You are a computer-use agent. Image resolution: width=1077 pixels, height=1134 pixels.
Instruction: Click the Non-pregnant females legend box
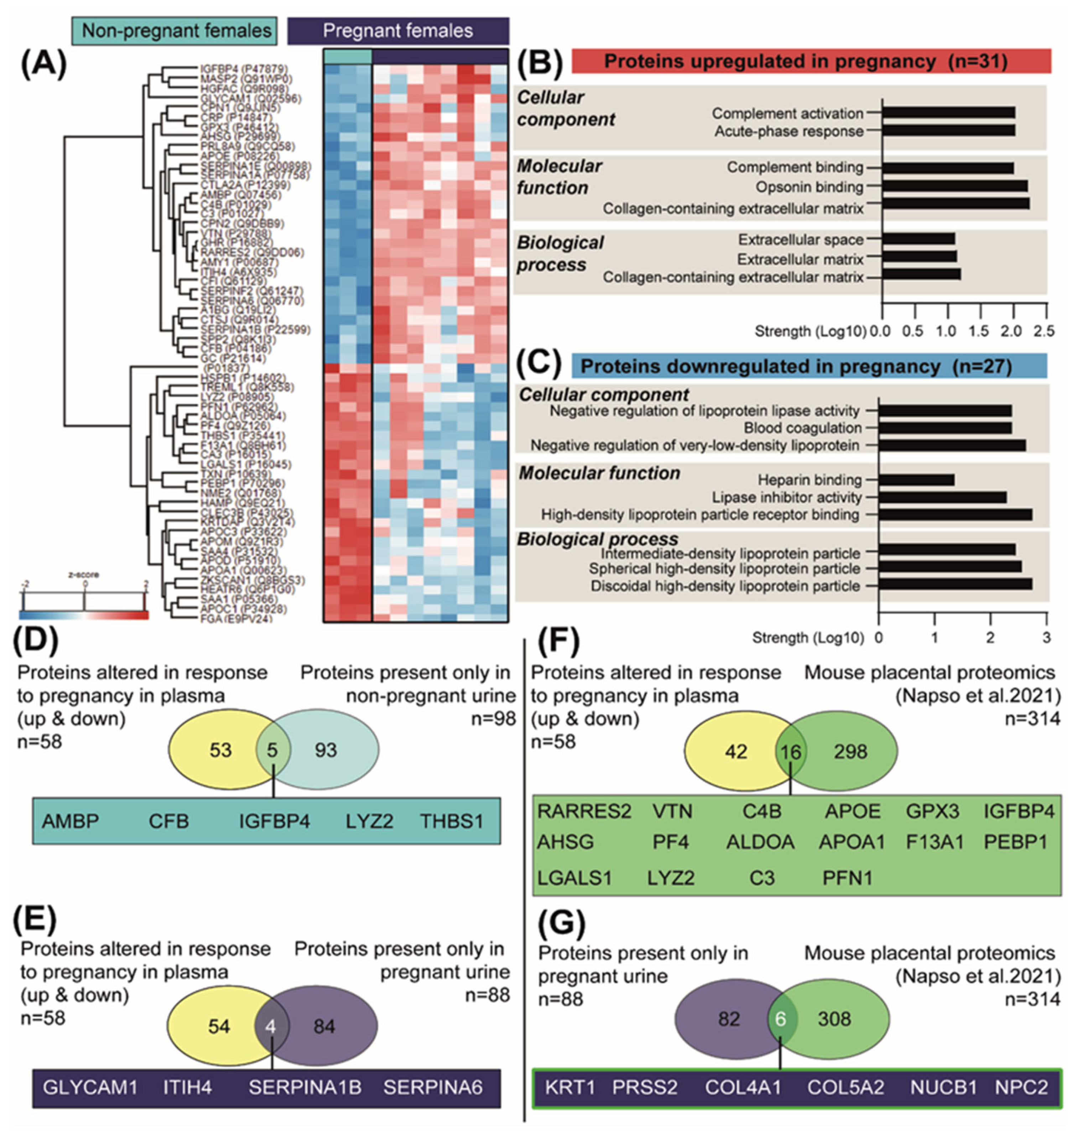174,30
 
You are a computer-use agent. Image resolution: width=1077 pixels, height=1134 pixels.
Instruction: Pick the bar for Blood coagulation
945,428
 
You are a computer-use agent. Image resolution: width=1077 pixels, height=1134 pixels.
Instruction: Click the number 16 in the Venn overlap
791,752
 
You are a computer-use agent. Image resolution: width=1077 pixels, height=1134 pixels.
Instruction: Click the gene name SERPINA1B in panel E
305,1087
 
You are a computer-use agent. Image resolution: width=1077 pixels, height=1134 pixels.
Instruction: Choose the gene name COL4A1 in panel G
743,1087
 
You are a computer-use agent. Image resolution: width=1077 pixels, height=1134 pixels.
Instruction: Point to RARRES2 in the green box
584,811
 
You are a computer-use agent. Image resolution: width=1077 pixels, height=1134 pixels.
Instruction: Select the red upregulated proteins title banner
811,61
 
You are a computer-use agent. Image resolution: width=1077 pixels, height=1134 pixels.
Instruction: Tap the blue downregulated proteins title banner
809,366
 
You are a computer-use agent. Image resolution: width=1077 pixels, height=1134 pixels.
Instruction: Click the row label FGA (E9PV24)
235,619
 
